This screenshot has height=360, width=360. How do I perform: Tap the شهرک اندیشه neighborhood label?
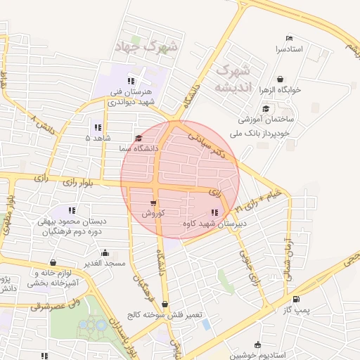pyautogui.click(x=233, y=79)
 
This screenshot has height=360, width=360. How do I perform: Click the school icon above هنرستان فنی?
pyautogui.click(x=131, y=80)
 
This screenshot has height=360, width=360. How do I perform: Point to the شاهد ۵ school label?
pyautogui.click(x=97, y=138)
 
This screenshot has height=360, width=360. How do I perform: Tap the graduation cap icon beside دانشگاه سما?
pyautogui.click(x=139, y=138)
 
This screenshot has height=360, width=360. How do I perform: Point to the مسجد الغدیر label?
pyautogui.click(x=105, y=264)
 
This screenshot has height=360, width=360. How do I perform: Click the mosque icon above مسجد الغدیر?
pyautogui.click(x=105, y=252)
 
